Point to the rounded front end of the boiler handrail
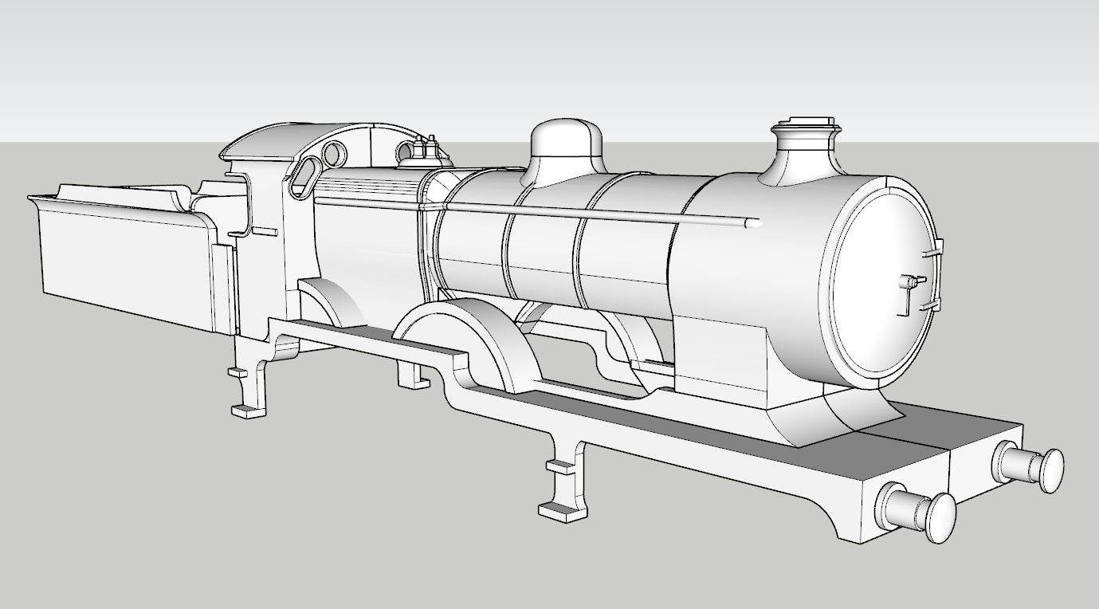click(752, 224)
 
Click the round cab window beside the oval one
click(336, 151)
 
